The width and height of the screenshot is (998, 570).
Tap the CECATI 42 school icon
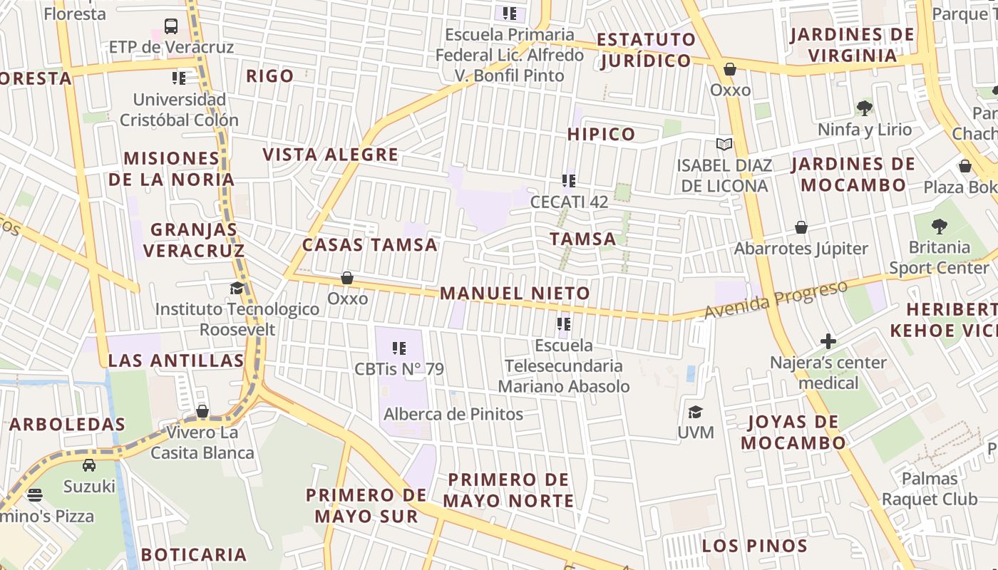pos(568,181)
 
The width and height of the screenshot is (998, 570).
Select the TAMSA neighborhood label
pos(583,239)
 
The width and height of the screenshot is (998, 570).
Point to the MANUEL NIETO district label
pos(515,293)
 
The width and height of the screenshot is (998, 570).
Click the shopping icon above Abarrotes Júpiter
pos(801,228)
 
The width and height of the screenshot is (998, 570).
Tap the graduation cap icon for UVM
pos(695,413)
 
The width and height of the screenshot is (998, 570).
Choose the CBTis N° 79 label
pos(399,369)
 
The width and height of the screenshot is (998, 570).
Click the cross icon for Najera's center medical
pos(828,341)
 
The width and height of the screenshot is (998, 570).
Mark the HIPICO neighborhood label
pos(601,134)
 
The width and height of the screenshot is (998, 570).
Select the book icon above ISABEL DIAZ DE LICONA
pos(724,145)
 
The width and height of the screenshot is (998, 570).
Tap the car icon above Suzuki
pos(89,465)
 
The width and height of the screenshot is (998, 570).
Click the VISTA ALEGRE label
pos(330,155)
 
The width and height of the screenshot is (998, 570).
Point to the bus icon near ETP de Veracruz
pos(171,26)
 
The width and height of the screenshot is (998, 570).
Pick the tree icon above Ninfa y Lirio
pos(865,108)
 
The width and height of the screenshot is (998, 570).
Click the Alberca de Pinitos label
pos(453,414)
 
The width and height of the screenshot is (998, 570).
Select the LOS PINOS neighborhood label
pos(754,546)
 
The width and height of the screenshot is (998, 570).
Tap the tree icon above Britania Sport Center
pos(939,227)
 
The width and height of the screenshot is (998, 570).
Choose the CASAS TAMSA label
pos(369,244)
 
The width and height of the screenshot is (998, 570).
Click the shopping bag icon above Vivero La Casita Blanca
pos(202,412)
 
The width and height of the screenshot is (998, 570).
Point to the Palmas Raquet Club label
pos(930,488)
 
